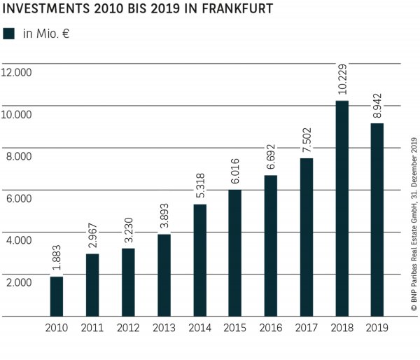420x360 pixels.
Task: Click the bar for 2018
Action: click(x=342, y=208)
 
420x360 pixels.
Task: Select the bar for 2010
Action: click(x=57, y=296)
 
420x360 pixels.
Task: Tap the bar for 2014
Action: click(x=199, y=260)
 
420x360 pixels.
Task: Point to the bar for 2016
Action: click(x=271, y=245)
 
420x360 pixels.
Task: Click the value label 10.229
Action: click(x=342, y=78)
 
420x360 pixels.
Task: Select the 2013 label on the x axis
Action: click(x=164, y=328)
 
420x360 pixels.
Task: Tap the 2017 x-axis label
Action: click(x=307, y=328)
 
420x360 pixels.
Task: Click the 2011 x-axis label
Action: click(x=92, y=328)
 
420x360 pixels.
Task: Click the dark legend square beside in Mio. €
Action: click(x=9, y=33)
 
